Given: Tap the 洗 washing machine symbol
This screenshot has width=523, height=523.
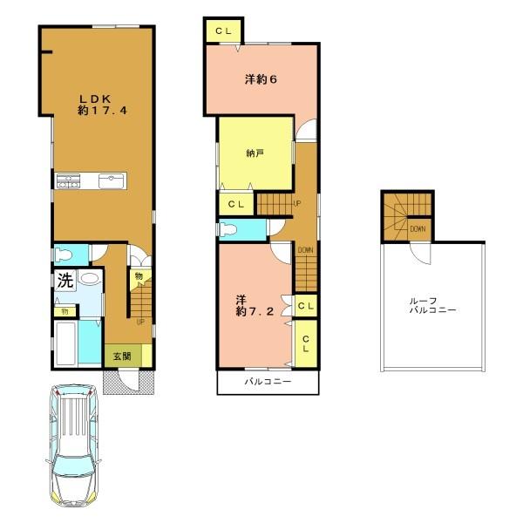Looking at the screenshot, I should tap(65, 281).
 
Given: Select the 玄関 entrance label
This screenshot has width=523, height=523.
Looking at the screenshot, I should tap(120, 357).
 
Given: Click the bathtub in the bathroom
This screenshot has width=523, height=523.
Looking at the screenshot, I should tap(65, 343).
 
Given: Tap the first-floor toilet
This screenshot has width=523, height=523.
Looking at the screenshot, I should tap(62, 255).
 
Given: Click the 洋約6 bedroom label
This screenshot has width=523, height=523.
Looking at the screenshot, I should tap(261, 79).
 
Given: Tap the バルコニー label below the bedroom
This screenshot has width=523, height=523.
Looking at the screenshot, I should tap(267, 382).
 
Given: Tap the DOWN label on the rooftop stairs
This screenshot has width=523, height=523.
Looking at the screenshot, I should tap(418, 229).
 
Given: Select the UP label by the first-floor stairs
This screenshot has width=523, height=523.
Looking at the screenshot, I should tap(140, 321).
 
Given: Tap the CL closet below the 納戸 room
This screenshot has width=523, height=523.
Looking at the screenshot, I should tap(235, 204).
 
